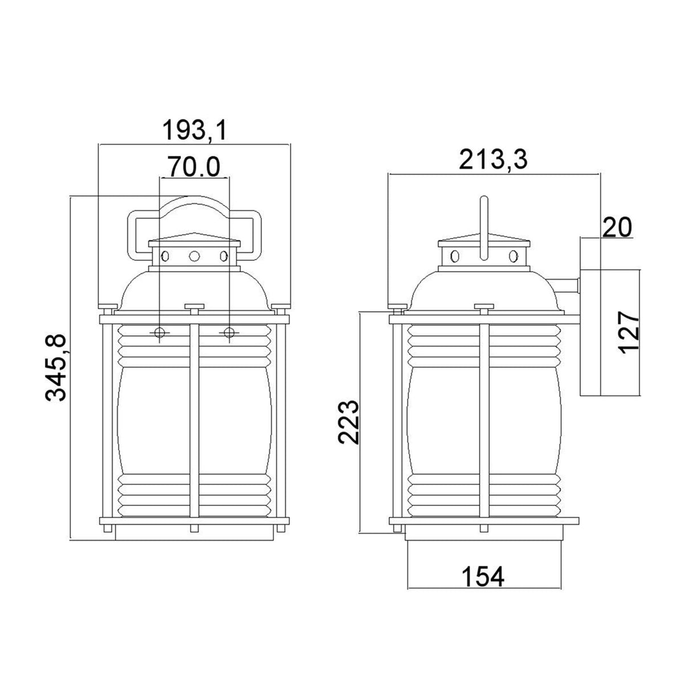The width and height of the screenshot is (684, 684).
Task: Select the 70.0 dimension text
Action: [194, 167]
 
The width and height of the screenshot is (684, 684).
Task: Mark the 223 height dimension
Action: [348, 421]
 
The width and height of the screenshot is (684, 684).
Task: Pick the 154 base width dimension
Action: [483, 577]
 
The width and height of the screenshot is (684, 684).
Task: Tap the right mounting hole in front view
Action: [229, 332]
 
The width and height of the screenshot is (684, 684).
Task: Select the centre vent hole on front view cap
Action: [194, 256]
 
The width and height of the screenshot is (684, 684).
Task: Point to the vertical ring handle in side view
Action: [483, 228]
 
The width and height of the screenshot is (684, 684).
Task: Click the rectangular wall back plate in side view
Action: [591, 316]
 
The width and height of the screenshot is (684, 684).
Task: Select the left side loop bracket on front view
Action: [137, 234]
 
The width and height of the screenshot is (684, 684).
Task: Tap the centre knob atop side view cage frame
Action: [483, 308]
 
